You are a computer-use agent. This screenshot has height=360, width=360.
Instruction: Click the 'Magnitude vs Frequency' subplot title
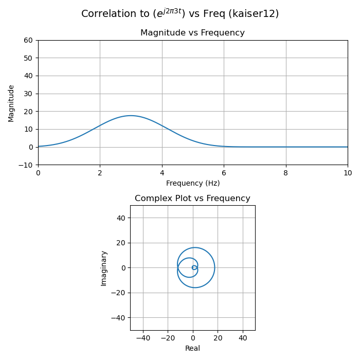[192, 33]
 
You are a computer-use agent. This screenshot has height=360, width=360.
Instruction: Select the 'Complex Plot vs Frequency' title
[192, 199]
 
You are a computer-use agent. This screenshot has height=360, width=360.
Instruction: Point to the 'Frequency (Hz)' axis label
[192, 183]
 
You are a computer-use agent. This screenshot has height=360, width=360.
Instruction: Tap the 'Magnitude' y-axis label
[11, 103]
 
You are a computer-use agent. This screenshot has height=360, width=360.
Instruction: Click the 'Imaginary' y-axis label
[104, 268]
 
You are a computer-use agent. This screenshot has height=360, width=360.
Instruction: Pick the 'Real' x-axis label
[192, 348]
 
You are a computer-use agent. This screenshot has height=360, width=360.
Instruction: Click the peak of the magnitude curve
[131, 116]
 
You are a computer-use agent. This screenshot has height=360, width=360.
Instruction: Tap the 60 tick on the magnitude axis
[28, 40]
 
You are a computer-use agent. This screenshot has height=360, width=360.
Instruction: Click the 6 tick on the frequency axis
[224, 173]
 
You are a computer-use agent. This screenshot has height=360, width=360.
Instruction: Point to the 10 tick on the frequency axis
[348, 173]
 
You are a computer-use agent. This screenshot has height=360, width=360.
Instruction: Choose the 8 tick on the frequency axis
[286, 173]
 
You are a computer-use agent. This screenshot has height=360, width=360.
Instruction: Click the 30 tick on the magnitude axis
[28, 94]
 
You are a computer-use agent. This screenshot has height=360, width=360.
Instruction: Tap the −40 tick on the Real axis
[142, 338]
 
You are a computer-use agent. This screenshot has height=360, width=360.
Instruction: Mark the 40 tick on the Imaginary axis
[119, 218]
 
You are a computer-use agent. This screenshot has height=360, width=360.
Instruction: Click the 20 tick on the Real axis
[218, 338]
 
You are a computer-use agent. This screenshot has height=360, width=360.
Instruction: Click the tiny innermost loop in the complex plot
[194, 267]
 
